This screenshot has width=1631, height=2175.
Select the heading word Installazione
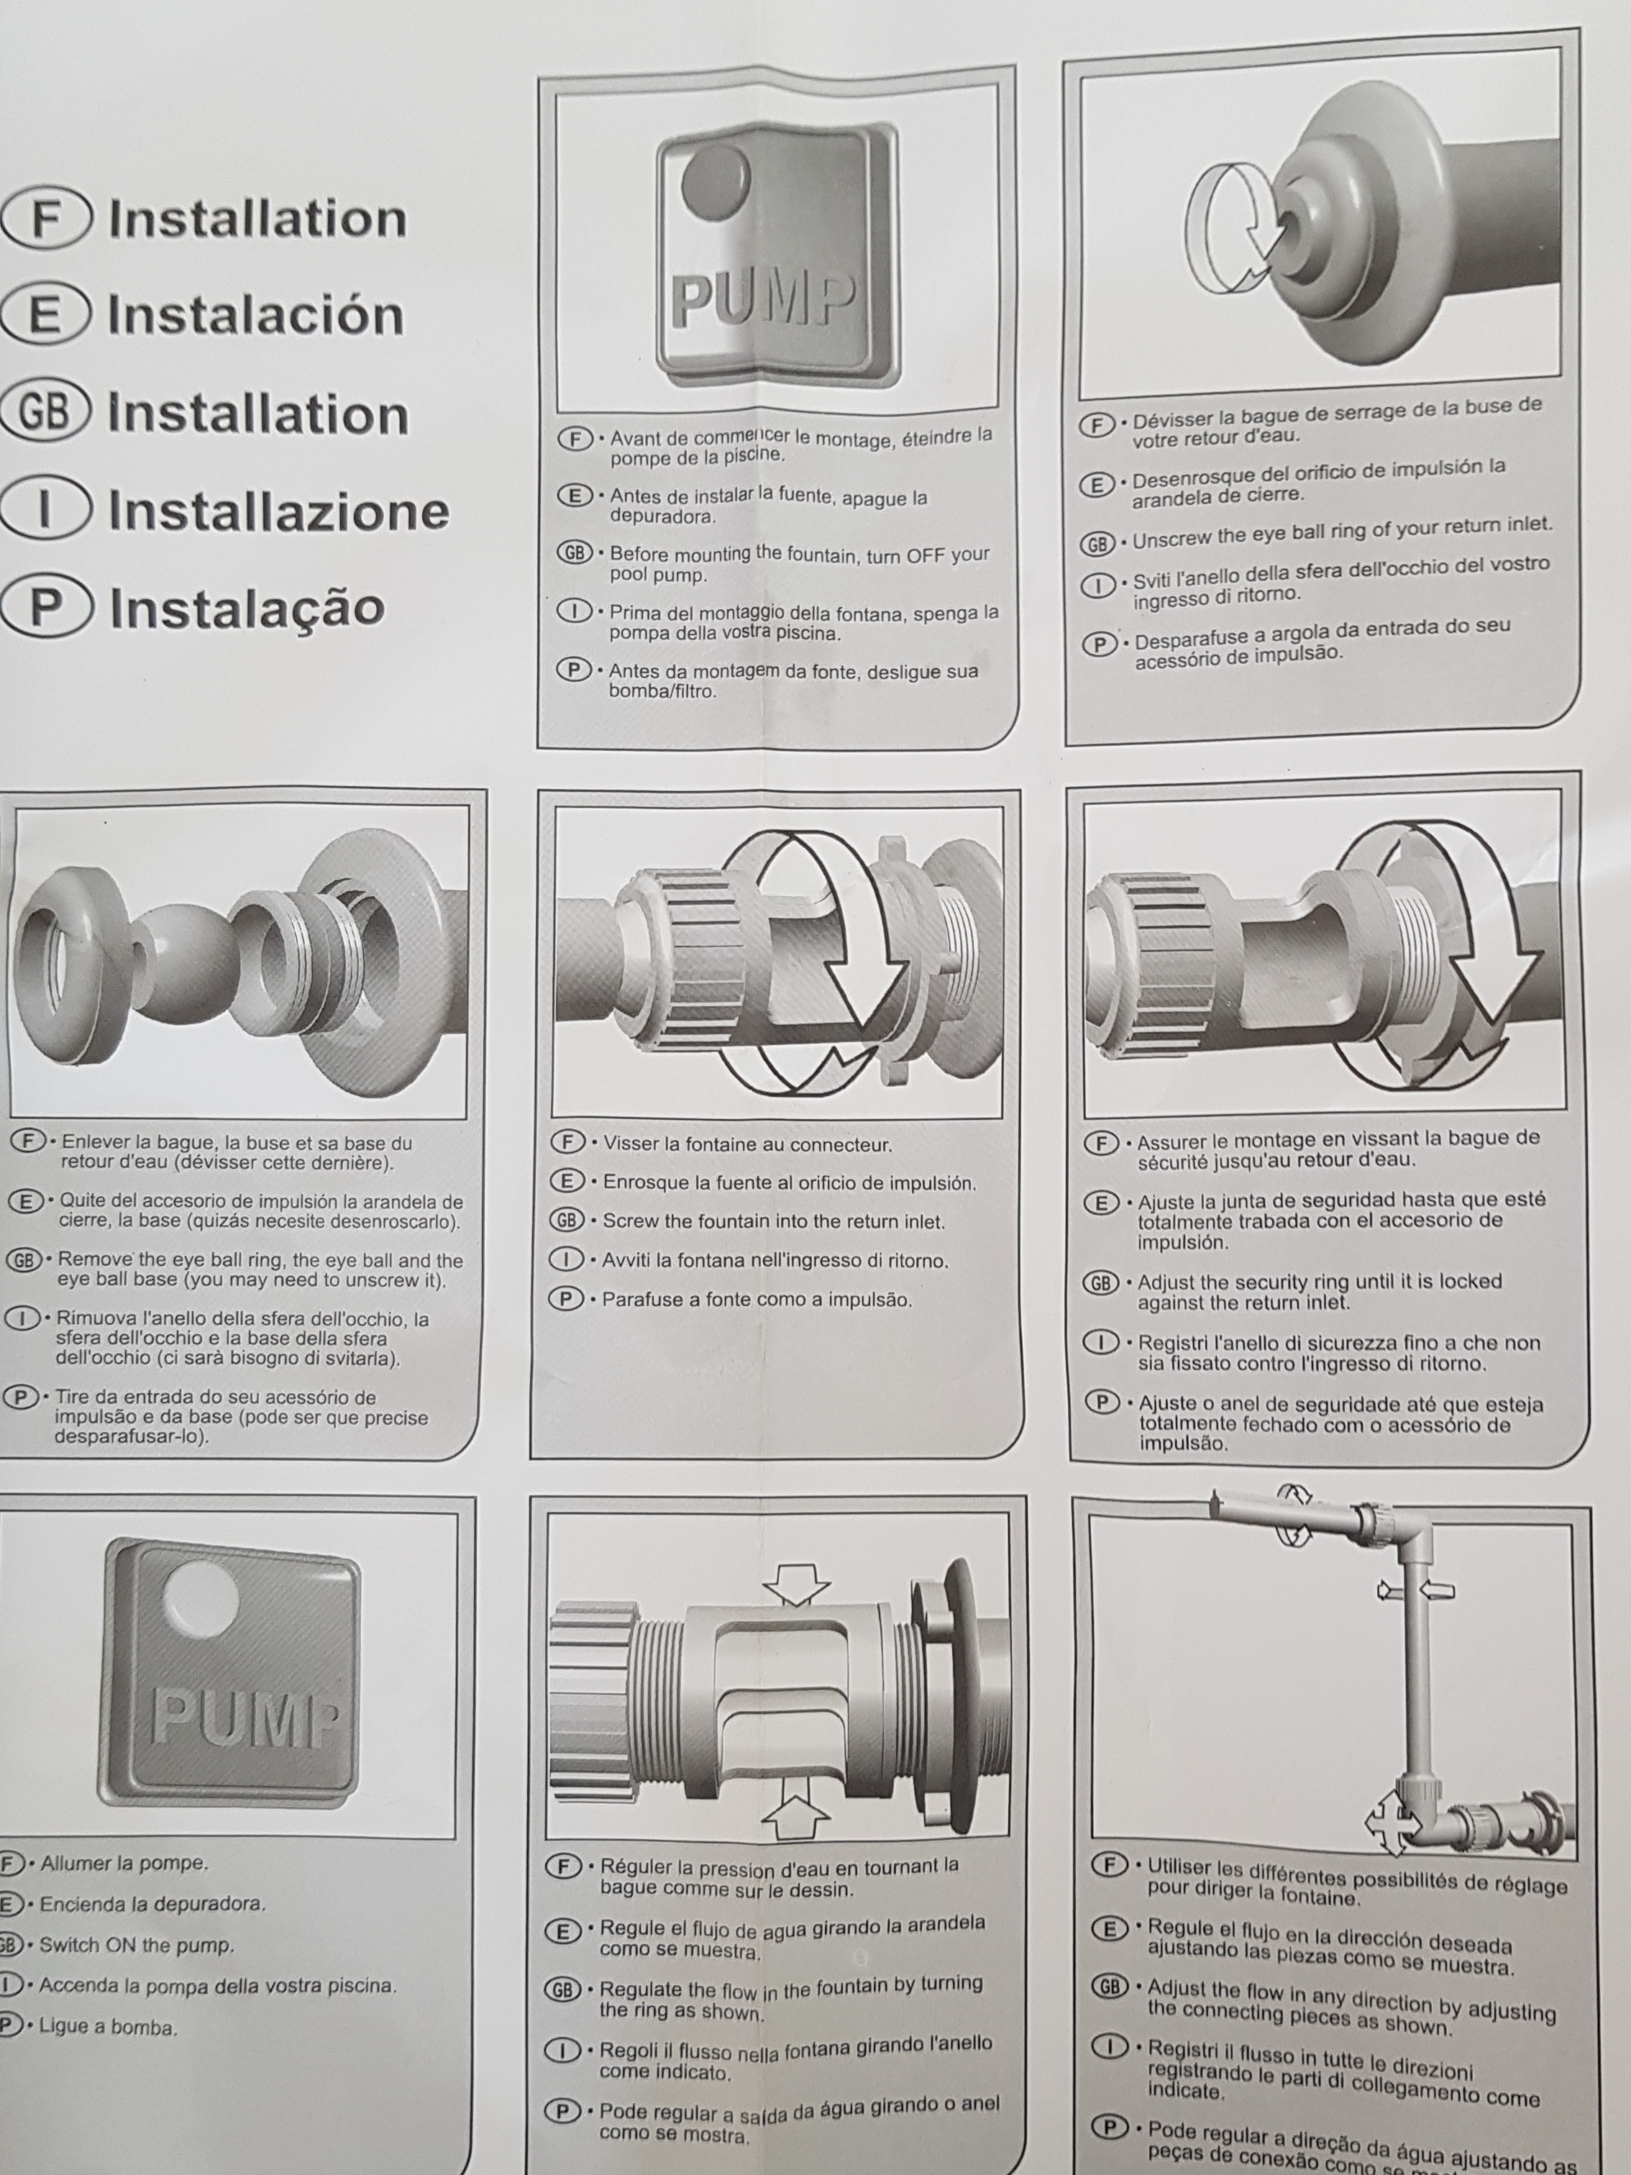pos(279,511)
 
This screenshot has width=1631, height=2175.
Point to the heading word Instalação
pos(247,606)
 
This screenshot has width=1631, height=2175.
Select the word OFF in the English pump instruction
pos(929,555)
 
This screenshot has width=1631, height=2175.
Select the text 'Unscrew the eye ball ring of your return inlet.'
pos(1343,534)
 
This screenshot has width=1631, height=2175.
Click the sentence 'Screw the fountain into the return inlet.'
pos(774,1222)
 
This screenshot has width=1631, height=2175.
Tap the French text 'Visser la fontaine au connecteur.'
pos(748,1144)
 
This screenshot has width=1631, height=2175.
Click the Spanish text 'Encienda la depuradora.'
pos(152,1904)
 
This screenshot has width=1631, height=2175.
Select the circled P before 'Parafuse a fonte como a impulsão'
pos(566,1299)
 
